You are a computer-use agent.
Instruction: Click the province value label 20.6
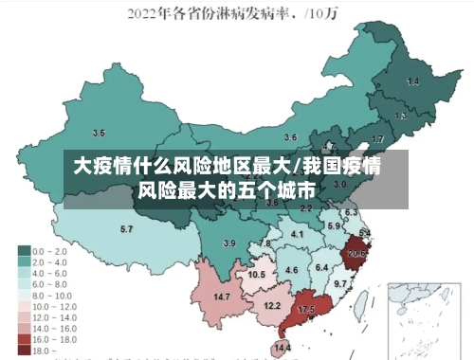pos(356,254)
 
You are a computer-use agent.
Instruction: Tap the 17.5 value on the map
pos(306,310)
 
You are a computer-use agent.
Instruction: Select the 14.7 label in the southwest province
pos(222,297)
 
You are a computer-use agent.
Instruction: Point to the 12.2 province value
pos(272,305)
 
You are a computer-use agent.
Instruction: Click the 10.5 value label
pos(257,274)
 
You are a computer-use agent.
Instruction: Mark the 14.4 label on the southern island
pos(283,349)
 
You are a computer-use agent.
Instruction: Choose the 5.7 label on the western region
pos(126,229)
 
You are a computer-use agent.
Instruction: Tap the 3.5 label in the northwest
pos(99,132)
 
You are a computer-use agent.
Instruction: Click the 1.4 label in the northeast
pos(412,82)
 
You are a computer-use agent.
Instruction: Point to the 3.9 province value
pos(228,243)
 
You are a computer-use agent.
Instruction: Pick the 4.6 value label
pos(291,270)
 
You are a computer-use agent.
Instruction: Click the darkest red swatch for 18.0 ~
pos(24,350)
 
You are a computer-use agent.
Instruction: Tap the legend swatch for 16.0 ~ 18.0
pos(24,338)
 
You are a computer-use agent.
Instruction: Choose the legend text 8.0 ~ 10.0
pos(52,295)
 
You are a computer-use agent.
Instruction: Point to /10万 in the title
pos(327,14)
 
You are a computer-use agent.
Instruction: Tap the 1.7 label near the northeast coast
pos(377,139)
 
